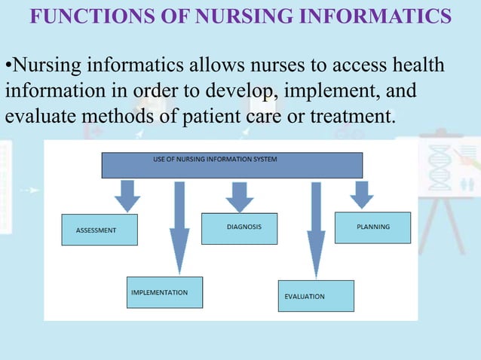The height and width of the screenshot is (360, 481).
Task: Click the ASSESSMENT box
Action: [x=100, y=230]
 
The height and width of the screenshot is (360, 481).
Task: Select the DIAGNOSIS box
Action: [x=239, y=228]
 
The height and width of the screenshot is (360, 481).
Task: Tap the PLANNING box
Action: [x=372, y=227]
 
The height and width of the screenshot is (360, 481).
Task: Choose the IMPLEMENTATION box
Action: [x=164, y=292]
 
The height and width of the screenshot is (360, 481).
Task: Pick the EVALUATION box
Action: [x=316, y=296]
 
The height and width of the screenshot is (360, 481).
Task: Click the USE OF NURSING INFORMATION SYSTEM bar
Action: [x=231, y=165]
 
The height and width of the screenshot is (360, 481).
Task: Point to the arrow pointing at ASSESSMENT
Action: [x=127, y=195]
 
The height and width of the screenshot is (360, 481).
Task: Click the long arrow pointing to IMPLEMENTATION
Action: [x=179, y=226]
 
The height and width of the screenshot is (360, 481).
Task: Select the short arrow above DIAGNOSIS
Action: [x=240, y=195]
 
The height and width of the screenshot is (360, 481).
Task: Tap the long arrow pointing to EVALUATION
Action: [x=316, y=230]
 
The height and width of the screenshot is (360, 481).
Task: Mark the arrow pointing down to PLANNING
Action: [x=362, y=194]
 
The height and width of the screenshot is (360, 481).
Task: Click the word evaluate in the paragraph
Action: [x=35, y=117]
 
